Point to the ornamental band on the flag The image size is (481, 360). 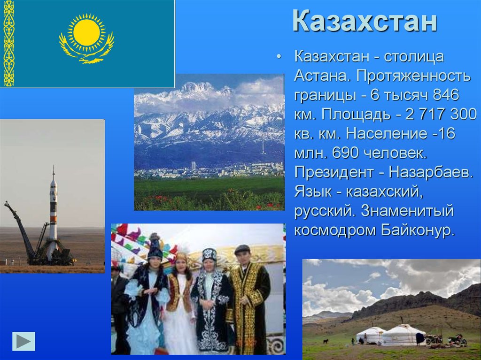pos(8,44)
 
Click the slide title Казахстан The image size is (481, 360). pos(365,21)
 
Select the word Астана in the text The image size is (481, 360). pos(321,76)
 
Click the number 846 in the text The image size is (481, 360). pos(446,95)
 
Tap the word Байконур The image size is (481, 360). pos(418,230)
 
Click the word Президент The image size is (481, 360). pos(334,173)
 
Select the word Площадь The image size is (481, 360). pos(356,115)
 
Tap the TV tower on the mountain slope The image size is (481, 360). pos(263,146)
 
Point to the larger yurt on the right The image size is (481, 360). pos(403,335)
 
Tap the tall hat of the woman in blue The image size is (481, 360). pos(155,246)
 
